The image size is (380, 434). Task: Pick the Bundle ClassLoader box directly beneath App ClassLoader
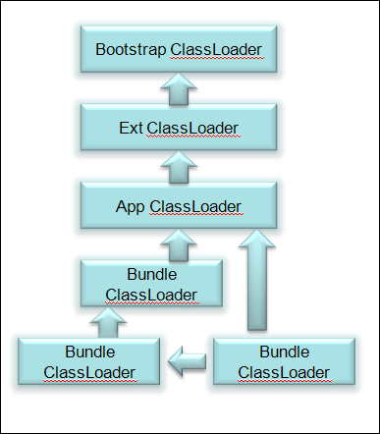pyautogui.click(x=152, y=283)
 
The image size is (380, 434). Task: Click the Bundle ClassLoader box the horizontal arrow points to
pyautogui.click(x=89, y=361)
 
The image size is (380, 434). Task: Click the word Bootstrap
pyautogui.click(x=131, y=49)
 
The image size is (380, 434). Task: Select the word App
pyautogui.click(x=131, y=207)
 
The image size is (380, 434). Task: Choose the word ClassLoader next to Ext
pyautogui.click(x=196, y=129)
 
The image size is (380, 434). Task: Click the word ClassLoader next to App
pyautogui.click(x=196, y=207)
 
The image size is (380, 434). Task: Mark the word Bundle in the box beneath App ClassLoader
pyautogui.click(x=152, y=274)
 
